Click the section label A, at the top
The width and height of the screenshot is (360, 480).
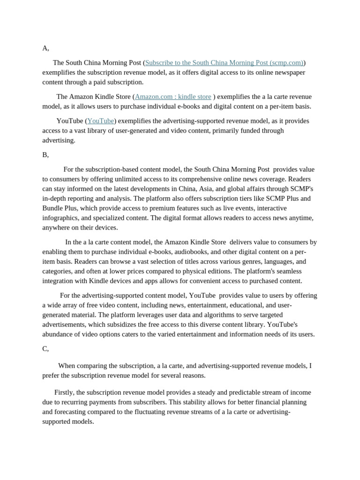point(45,48)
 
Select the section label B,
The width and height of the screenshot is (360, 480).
point(45,155)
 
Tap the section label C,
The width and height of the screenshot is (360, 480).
point(45,349)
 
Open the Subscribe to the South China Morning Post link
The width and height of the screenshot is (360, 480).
point(224,63)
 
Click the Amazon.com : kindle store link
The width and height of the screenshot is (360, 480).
point(173,97)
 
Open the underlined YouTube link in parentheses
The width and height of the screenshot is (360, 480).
point(101,121)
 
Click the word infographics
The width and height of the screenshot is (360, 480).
point(61,218)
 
